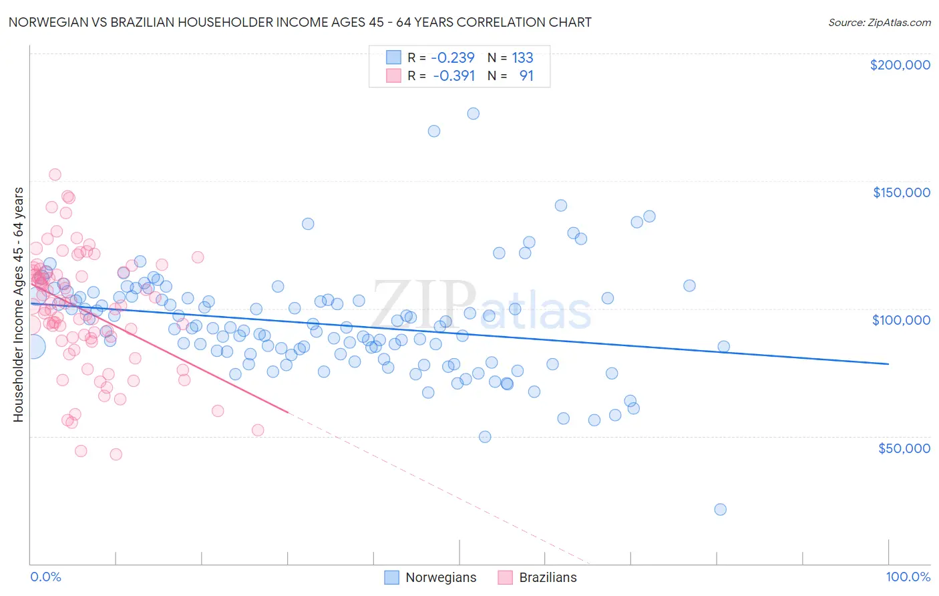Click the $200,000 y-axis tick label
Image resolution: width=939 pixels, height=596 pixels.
[x=900, y=65]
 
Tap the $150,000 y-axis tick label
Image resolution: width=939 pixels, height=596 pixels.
[x=901, y=192]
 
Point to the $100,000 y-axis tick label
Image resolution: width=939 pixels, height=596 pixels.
[x=901, y=320]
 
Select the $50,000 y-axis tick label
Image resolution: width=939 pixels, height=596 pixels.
[x=904, y=448]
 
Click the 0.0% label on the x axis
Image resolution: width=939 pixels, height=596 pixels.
[x=45, y=577]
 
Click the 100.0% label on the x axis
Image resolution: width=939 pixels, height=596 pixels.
[x=908, y=577]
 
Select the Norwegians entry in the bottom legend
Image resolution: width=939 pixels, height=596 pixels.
[x=441, y=577]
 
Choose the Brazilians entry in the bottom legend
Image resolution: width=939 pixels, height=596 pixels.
[x=548, y=577]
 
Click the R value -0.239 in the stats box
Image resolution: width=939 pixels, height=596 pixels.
[x=453, y=57]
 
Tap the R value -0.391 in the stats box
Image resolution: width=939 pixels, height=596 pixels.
[x=453, y=76]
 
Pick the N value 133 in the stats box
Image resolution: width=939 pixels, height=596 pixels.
[x=522, y=57]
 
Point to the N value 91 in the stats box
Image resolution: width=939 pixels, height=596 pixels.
[x=526, y=76]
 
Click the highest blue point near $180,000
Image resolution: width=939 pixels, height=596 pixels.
[x=473, y=114]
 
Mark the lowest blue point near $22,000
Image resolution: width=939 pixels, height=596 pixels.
[x=720, y=509]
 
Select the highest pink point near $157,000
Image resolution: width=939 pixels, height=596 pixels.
[x=55, y=174]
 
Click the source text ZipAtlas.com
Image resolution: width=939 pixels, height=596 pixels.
[x=879, y=22]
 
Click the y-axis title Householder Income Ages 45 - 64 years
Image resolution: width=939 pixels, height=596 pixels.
[x=18, y=305]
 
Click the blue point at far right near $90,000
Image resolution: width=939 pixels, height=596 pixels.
[x=723, y=346]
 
